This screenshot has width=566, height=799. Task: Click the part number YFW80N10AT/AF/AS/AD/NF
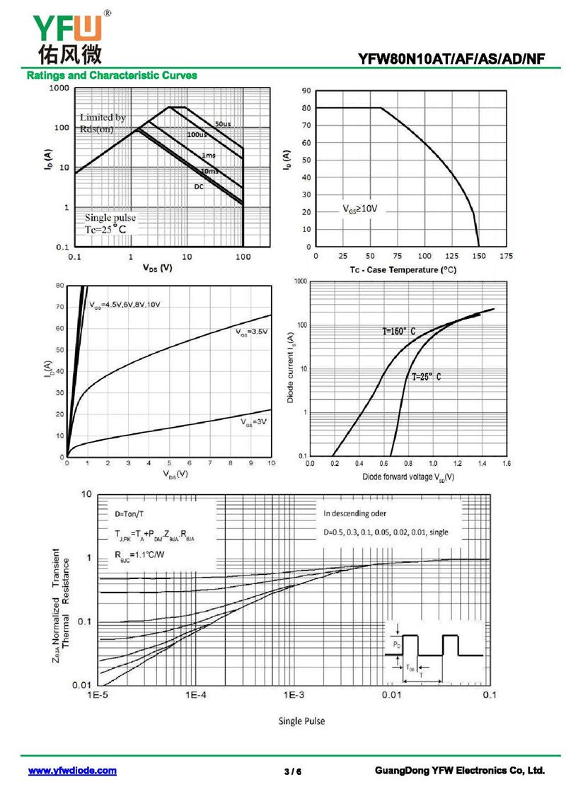coord(451,60)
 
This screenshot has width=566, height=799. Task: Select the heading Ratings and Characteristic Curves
coord(112,75)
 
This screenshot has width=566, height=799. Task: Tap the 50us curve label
coord(223,124)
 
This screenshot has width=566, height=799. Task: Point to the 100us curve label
coord(197,134)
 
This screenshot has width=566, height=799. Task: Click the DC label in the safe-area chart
coord(200,186)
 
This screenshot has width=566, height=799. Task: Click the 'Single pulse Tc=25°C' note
coord(110,223)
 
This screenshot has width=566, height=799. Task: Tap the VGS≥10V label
coord(360,209)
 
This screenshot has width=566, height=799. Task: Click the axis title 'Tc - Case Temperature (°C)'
coord(403,270)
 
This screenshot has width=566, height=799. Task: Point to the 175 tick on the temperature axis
coord(506,256)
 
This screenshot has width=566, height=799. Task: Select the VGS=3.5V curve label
coord(252,331)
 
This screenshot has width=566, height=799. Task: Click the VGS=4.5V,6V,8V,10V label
coord(125,304)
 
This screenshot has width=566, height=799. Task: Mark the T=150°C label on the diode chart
coord(395,331)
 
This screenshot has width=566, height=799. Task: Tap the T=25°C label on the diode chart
coord(427,377)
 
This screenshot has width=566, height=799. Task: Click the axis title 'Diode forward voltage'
coord(408,477)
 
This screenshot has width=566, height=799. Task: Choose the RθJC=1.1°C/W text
coord(139,554)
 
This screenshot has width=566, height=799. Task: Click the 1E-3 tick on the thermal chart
coord(294,696)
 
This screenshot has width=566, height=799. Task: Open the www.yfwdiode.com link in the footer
coord(72,771)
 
